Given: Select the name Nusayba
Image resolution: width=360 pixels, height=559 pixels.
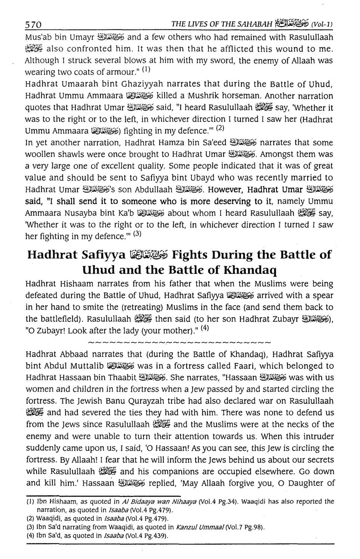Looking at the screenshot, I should tap(80, 213).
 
